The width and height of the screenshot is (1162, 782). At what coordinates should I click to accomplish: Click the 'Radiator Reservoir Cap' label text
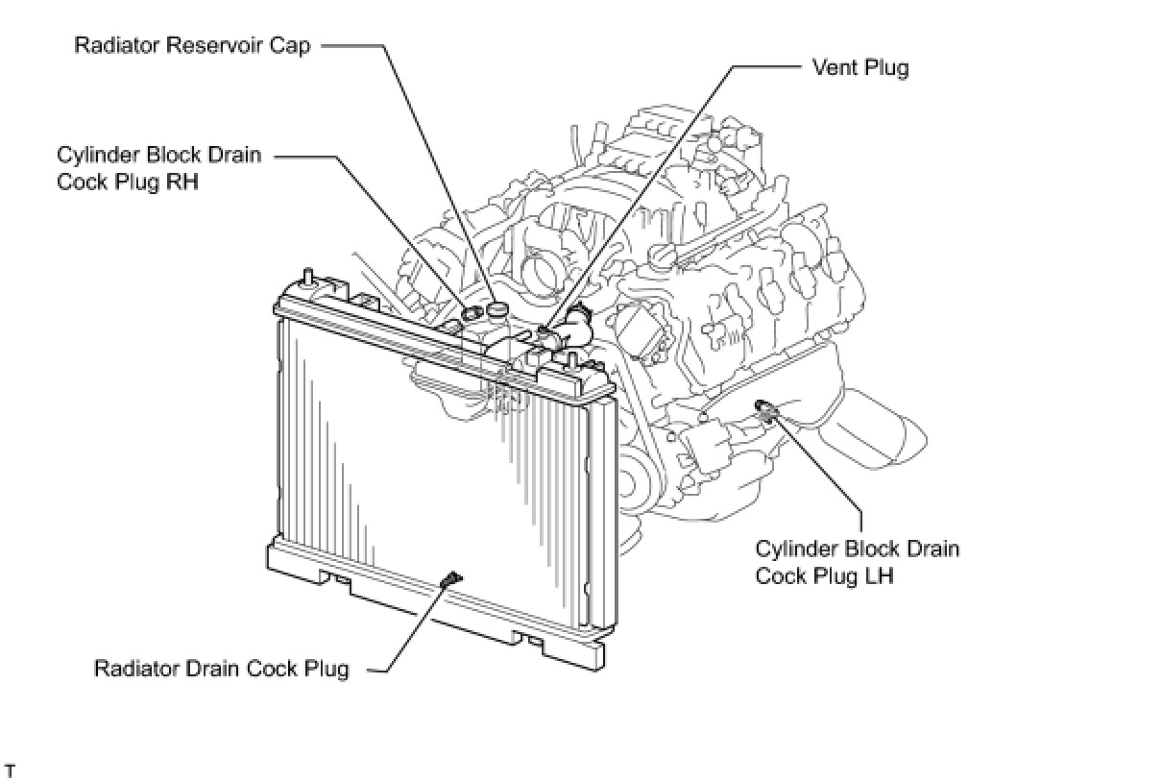pos(192,45)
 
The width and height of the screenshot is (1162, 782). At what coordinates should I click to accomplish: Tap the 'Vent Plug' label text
pos(859,67)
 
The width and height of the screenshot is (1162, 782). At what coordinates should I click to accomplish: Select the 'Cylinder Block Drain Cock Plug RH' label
pos(158,167)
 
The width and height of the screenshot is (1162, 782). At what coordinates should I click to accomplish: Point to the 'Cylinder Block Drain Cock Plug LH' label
pos(857,562)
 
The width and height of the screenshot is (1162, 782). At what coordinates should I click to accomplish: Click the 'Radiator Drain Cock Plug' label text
pos(221,669)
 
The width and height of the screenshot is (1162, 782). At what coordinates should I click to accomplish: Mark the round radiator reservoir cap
pos(496,309)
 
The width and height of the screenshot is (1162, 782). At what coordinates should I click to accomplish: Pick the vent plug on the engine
pos(545,332)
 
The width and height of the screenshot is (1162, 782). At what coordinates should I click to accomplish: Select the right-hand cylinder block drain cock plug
pos(472,313)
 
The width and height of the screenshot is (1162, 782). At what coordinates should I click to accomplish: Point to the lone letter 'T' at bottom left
pos(11,771)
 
